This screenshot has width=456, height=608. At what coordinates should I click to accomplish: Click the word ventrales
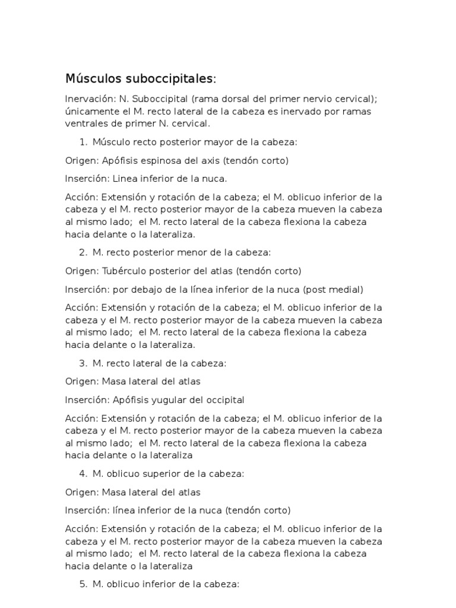pos(87,123)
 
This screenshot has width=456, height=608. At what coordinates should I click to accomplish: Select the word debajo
pos(153,289)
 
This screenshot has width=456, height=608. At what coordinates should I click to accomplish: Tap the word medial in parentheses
pos(346,289)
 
